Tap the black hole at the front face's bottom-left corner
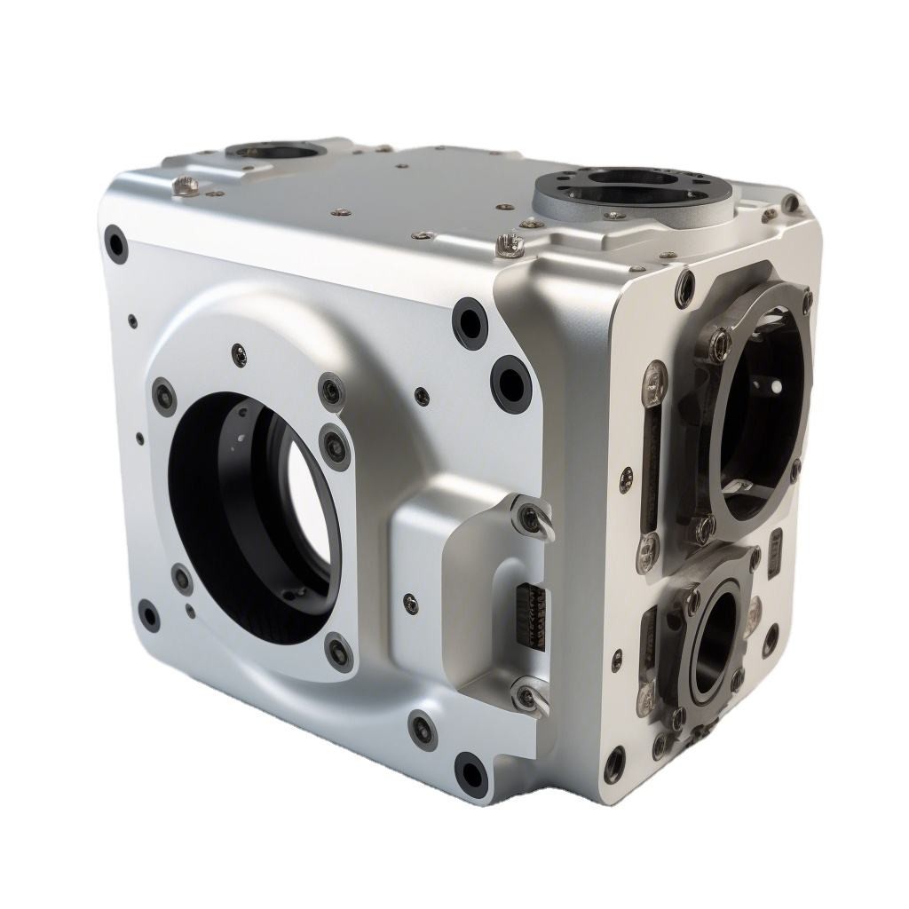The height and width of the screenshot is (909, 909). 148,615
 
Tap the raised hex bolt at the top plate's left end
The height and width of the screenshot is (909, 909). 186,184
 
